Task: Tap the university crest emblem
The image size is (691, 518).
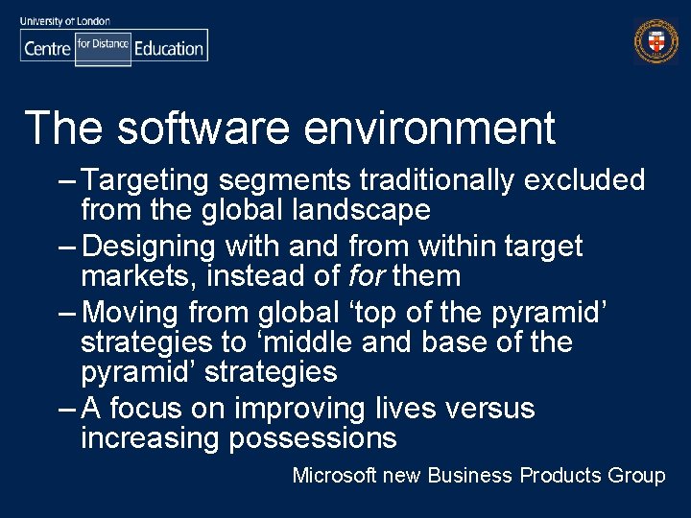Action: pyautogui.click(x=655, y=41)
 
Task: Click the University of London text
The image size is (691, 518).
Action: pyautogui.click(x=64, y=21)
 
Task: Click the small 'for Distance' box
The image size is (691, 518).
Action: pyautogui.click(x=103, y=45)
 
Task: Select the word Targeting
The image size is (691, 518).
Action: pyautogui.click(x=155, y=180)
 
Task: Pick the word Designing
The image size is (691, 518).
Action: pyautogui.click(x=149, y=247)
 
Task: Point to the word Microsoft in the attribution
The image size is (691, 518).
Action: pyautogui.click(x=334, y=476)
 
